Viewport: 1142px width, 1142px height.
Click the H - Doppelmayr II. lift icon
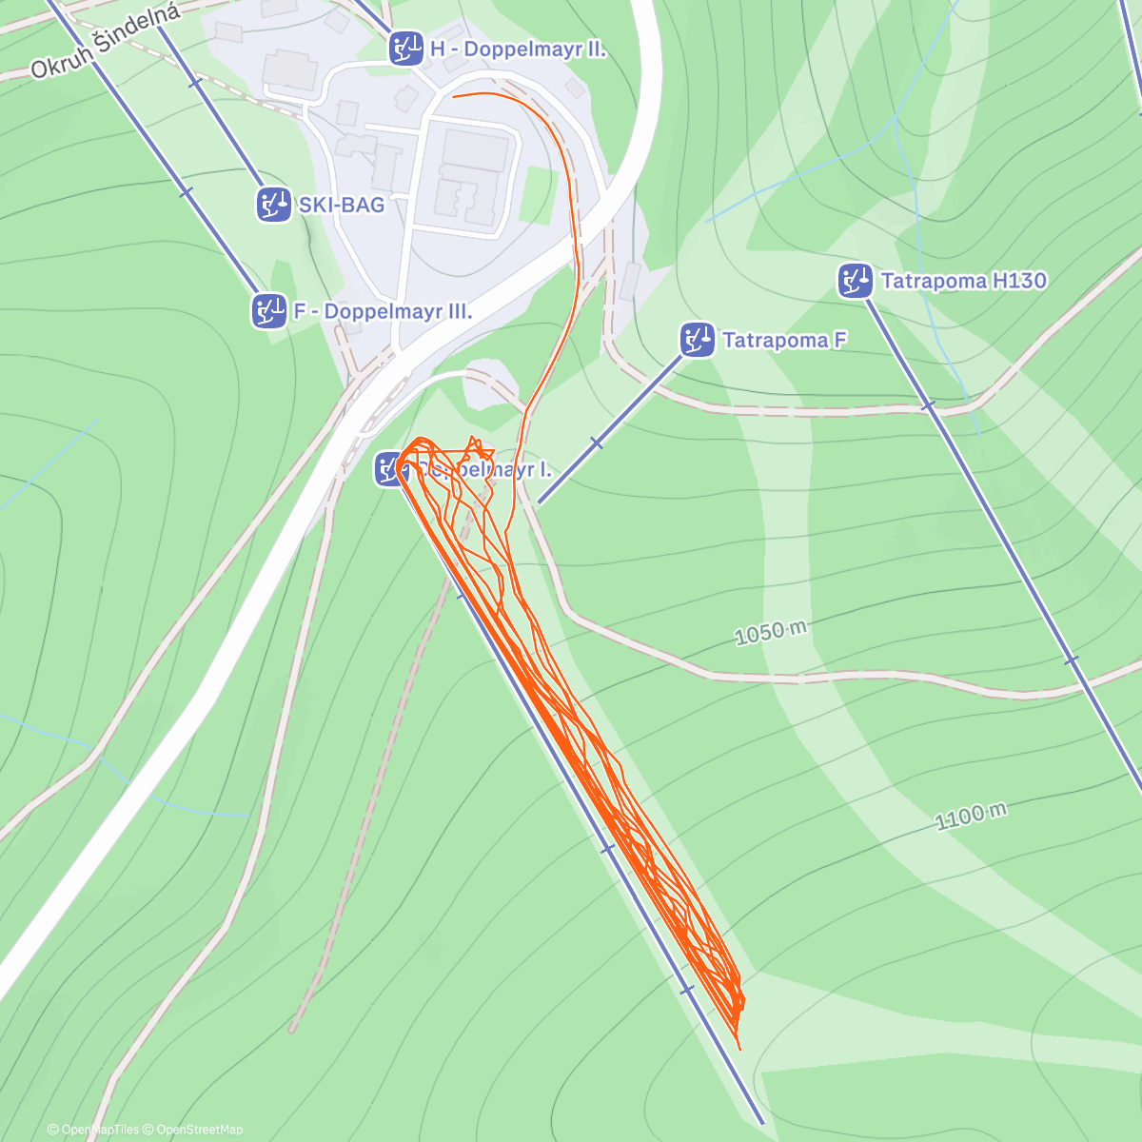tap(406, 48)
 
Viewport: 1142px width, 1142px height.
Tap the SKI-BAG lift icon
tap(273, 204)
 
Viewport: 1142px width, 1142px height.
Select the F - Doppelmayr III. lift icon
tap(269, 310)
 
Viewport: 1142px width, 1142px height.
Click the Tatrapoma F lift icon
tap(698, 340)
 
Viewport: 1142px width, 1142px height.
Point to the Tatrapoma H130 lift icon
tap(856, 281)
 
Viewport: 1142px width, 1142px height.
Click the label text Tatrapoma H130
tap(963, 281)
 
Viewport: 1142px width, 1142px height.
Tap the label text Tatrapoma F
tap(784, 340)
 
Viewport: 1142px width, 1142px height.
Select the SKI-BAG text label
tap(342, 205)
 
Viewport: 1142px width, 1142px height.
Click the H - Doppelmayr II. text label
tap(518, 49)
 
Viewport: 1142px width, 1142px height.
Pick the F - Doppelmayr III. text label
tap(383, 311)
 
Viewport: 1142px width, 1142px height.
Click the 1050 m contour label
tap(771, 633)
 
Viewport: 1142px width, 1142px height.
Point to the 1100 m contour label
tap(971, 817)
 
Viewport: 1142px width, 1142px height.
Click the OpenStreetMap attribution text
tap(199, 1130)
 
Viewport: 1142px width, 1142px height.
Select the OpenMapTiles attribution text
tap(100, 1130)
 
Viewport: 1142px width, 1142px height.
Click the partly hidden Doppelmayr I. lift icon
tap(388, 469)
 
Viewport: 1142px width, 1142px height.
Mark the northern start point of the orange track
tap(454, 96)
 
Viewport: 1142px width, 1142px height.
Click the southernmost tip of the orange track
tap(738, 1049)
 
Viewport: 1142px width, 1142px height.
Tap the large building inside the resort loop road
tap(472, 176)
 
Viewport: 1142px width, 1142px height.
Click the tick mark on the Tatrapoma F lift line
tap(597, 443)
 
